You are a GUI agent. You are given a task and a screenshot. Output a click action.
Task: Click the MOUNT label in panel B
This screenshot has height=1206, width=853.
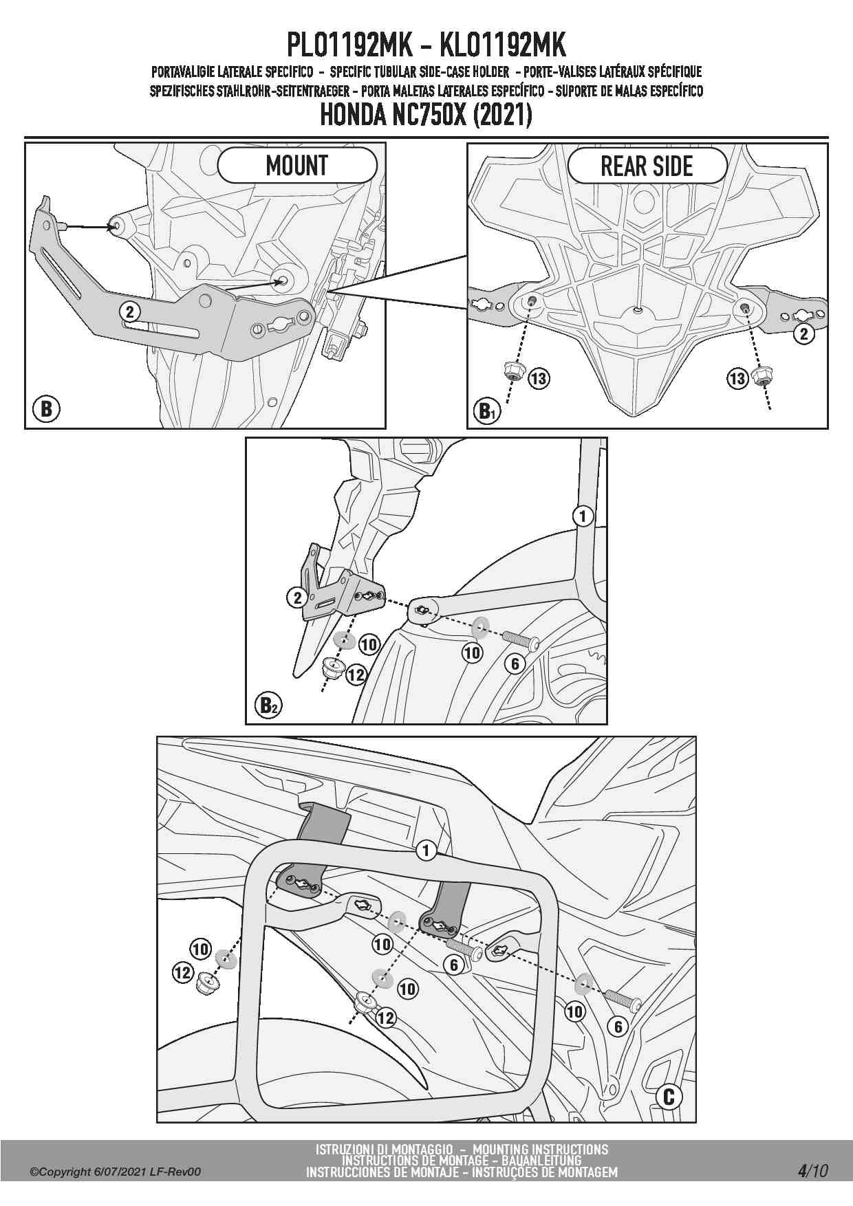pos(297,166)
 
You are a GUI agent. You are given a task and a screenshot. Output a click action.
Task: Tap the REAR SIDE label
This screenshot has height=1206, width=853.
pos(647,166)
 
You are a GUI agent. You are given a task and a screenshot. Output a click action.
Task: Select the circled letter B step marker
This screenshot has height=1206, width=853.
pos(46,408)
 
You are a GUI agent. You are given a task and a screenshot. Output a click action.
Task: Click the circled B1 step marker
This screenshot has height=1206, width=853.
pos(486,411)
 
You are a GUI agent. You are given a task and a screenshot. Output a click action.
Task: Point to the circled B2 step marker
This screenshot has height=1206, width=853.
pos(268,705)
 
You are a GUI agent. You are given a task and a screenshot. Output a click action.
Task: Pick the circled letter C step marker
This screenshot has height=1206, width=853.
pos(669,1097)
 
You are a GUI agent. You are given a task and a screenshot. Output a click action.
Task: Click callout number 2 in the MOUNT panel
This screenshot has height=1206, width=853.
pos(129,311)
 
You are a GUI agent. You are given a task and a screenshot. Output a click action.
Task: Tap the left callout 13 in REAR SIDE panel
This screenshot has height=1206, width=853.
pos(539,377)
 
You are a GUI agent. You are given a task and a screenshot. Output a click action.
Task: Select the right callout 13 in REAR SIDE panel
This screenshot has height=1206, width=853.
pos(737,378)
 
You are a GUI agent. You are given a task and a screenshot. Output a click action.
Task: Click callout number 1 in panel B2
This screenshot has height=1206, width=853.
pos(583,516)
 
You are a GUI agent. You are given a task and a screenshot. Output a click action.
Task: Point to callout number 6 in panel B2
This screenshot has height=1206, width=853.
pos(515,664)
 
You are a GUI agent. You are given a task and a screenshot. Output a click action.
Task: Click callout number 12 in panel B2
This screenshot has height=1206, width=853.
pos(356,675)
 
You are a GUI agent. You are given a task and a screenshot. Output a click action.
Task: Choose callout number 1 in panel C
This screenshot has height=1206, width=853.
pos(426,851)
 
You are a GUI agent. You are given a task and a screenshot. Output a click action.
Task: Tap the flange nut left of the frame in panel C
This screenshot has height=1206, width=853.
pos(205,984)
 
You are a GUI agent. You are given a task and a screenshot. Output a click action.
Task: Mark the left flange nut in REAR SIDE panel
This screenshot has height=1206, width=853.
pos(512,372)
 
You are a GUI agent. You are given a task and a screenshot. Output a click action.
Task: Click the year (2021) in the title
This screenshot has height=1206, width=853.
pos(501,115)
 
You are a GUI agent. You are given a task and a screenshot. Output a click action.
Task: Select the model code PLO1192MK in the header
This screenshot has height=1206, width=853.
pos(349,46)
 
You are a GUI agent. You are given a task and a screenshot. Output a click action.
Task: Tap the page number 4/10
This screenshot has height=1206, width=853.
pos(813,1170)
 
